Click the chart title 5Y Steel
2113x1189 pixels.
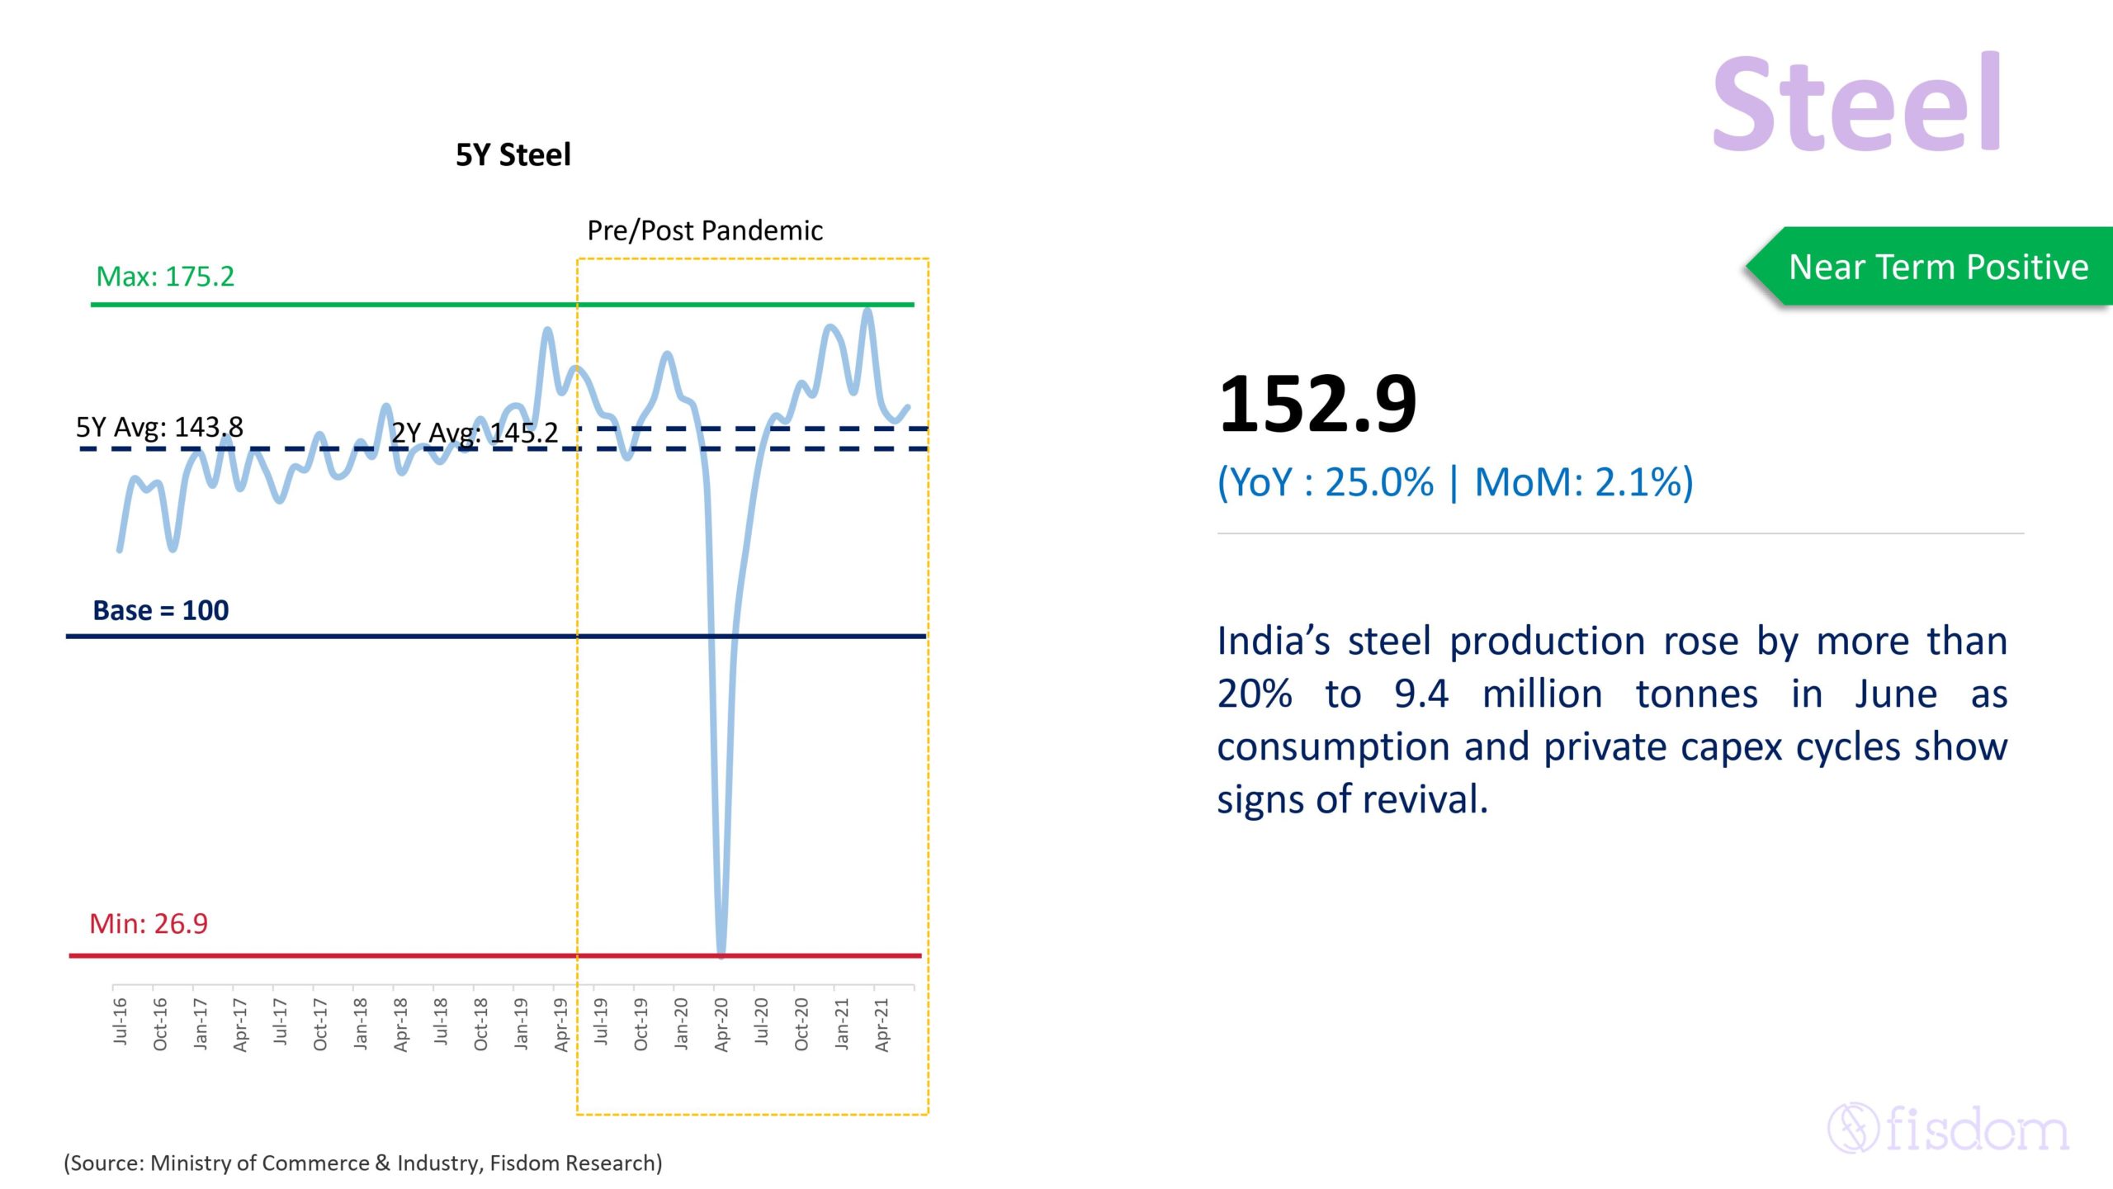pyautogui.click(x=513, y=154)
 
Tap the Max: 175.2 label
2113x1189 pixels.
pyautogui.click(x=165, y=276)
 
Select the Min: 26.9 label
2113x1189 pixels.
pyautogui.click(x=149, y=923)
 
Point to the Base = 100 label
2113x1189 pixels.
pyautogui.click(x=160, y=610)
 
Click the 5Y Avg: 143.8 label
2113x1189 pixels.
pyautogui.click(x=159, y=427)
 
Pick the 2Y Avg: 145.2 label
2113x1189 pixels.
pyautogui.click(x=475, y=433)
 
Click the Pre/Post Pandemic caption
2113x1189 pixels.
pyautogui.click(x=704, y=230)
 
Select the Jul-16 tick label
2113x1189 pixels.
pyautogui.click(x=121, y=1021)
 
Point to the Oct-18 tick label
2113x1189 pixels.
pyautogui.click(x=481, y=1024)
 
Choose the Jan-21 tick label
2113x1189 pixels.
pyautogui.click(x=842, y=1024)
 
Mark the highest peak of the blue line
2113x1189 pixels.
pyautogui.click(x=867, y=312)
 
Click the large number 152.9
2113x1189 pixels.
pyautogui.click(x=1317, y=404)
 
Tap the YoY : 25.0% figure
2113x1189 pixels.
pyautogui.click(x=1326, y=482)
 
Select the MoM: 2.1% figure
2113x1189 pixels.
pyautogui.click(x=1582, y=482)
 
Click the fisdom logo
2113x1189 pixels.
pyautogui.click(x=1948, y=1128)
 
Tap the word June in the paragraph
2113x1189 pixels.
pyautogui.click(x=1895, y=694)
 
